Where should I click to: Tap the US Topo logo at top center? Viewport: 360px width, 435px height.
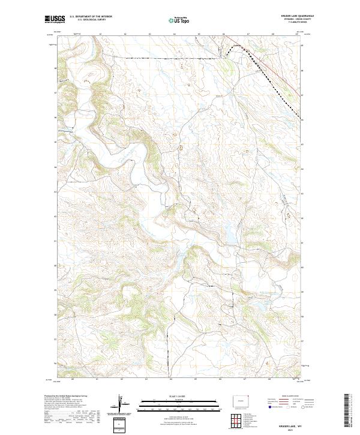178,20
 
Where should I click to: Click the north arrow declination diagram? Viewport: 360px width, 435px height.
120,405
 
